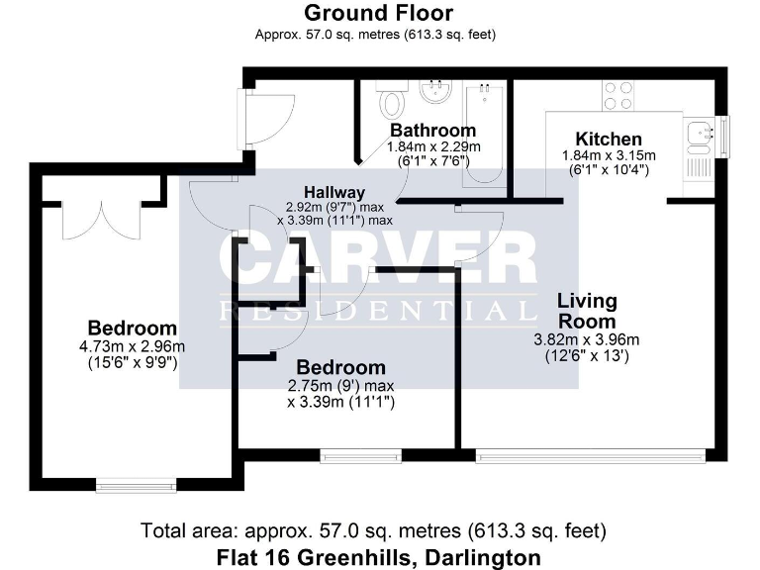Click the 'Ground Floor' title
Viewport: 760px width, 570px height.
click(378, 13)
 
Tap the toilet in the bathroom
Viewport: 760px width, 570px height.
click(393, 101)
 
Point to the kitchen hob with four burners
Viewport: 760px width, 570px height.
click(619, 95)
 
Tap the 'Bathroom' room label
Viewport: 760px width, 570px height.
click(432, 131)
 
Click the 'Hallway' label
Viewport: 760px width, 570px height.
click(334, 192)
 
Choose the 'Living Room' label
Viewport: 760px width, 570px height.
click(586, 311)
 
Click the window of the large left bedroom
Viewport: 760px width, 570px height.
click(136, 485)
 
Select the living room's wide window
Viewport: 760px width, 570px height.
click(591, 456)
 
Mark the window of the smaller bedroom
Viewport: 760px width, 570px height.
click(361, 456)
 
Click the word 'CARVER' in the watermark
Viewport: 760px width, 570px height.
click(378, 259)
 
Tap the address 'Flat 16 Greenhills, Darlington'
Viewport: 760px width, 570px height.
click(378, 556)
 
